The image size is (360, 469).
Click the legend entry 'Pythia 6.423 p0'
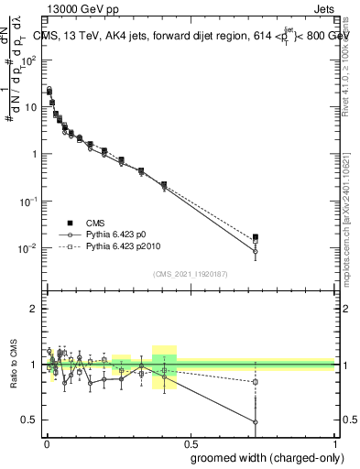coord(101,234)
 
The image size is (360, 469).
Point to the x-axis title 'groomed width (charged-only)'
coord(262,456)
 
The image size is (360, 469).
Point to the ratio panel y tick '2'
coord(34,310)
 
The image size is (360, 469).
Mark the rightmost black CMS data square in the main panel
coord(256,237)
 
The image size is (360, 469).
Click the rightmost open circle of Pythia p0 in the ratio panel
coord(256,422)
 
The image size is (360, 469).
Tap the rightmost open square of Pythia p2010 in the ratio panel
coord(256,381)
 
